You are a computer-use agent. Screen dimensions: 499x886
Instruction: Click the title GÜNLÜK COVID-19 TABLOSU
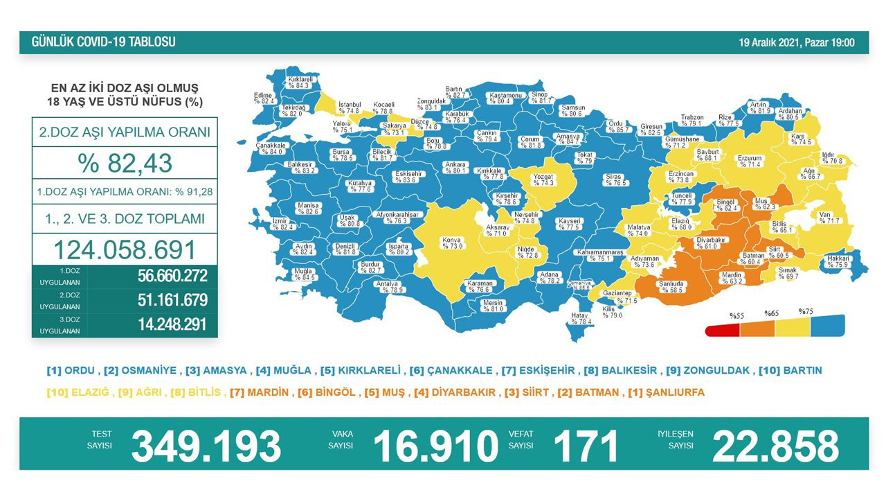pos(104,42)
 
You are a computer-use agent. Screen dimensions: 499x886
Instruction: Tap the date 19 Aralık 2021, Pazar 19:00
pos(796,43)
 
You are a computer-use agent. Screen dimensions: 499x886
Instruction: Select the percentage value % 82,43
pos(125,164)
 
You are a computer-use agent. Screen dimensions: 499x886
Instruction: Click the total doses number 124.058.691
pos(125,249)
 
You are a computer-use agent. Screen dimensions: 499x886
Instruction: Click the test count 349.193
pos(206,446)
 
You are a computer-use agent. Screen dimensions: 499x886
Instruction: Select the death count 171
pos(586,446)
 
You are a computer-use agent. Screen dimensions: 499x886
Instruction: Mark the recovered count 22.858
pos(775,446)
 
